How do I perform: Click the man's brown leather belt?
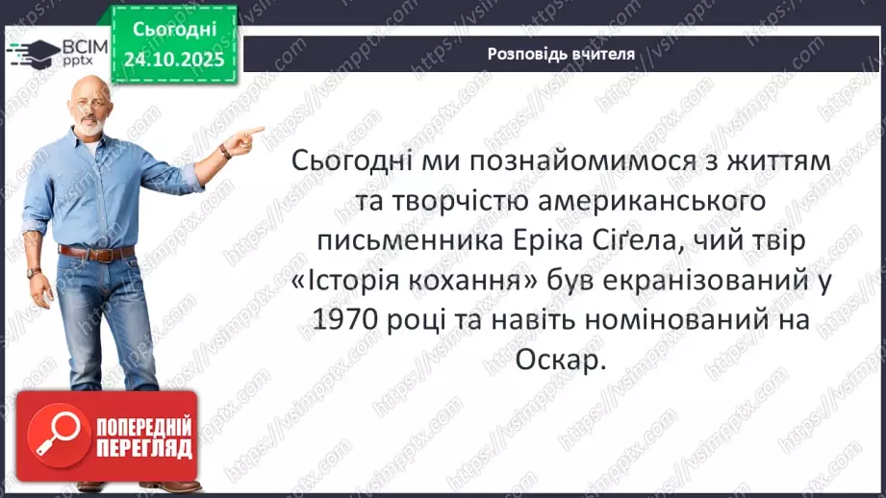point(96,252)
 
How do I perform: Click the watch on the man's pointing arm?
point(224,150)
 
